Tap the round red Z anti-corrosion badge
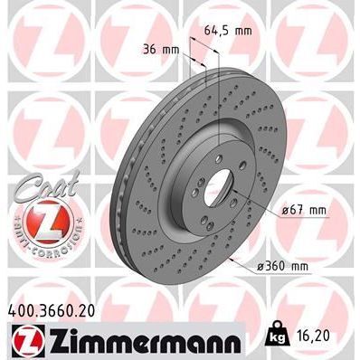click(x=38, y=220)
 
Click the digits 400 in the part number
click(x=19, y=309)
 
